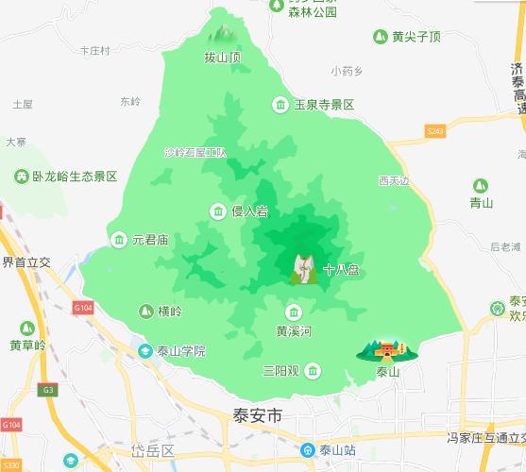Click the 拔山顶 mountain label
[223, 58]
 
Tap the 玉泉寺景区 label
[323, 105]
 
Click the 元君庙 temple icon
[119, 240]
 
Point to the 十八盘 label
[341, 270]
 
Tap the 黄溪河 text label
[294, 331]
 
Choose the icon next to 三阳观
[313, 370]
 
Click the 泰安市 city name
[258, 413]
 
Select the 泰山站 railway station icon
[308, 450]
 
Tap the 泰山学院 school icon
[145, 351]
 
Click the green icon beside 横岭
[146, 311]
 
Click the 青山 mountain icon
[481, 186]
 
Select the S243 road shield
[434, 131]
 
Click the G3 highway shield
[48, 389]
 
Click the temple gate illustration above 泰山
[386, 350]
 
